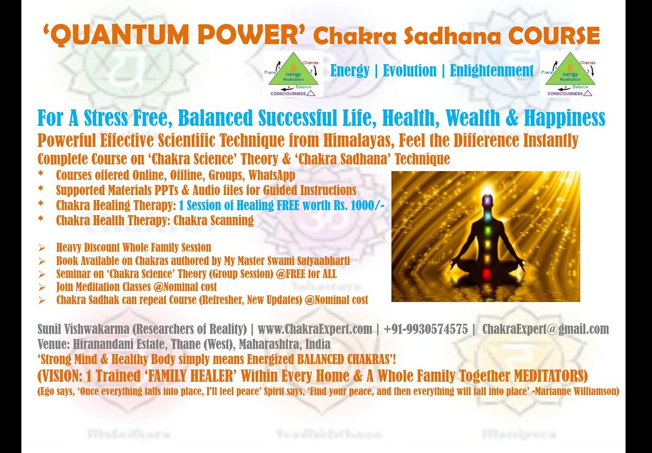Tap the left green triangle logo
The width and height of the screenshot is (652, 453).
tap(293, 74)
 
